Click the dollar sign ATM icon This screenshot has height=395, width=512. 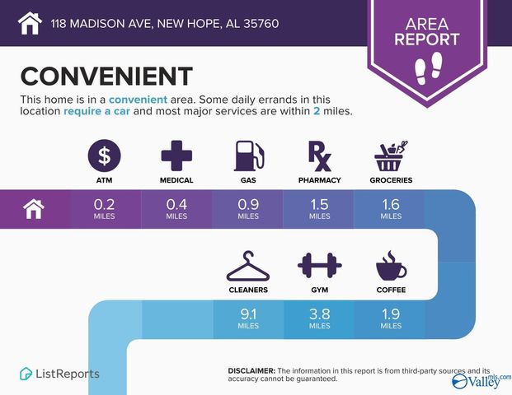point(105,154)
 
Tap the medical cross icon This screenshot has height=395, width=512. point(176,154)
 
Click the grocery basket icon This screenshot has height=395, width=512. point(391,154)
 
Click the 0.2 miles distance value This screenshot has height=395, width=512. point(105,202)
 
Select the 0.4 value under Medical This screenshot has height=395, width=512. point(176,202)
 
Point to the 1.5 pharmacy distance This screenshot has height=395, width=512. point(319,202)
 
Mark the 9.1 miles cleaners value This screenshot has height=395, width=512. point(247,314)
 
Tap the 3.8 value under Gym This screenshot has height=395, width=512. point(319,314)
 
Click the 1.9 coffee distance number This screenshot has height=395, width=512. point(391,314)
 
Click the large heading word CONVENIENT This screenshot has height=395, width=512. point(106,77)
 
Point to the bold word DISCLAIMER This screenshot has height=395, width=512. point(251,371)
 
